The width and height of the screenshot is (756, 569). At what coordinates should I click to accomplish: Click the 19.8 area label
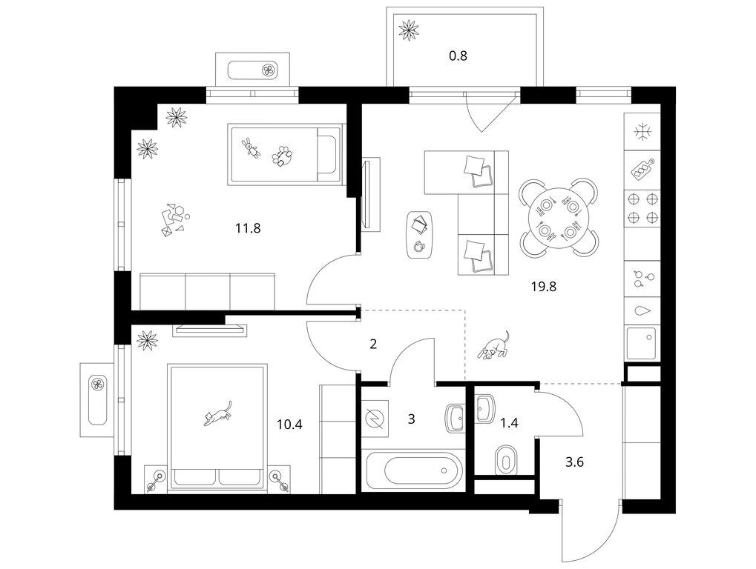[544, 287]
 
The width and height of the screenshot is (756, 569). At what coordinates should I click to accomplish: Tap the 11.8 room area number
[248, 227]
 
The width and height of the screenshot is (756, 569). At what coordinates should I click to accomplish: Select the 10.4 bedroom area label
[289, 425]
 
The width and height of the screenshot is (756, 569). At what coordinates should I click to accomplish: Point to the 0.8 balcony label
[458, 56]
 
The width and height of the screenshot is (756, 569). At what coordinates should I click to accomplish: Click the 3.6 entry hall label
[574, 462]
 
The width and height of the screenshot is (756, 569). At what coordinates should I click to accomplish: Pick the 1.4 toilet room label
[509, 423]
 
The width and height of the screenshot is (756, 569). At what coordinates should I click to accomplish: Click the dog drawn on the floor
[493, 346]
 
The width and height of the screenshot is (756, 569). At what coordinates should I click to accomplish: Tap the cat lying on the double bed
[218, 413]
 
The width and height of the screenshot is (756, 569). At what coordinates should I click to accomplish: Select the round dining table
[559, 218]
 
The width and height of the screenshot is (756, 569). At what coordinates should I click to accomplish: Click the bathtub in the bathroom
[412, 470]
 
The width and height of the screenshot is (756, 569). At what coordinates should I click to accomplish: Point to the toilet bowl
[505, 461]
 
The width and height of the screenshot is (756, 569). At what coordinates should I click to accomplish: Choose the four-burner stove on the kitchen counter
[642, 208]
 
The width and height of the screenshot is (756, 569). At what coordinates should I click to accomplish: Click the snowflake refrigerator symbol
[642, 131]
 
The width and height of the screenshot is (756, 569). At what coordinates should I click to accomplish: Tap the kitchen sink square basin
[642, 343]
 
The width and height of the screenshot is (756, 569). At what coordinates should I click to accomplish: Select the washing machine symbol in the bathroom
[375, 418]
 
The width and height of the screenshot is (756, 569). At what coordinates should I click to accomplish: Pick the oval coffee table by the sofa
[418, 235]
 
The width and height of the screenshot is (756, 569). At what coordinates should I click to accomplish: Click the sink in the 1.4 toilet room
[484, 408]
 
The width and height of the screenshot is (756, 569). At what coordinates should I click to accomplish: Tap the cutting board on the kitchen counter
[642, 169]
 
